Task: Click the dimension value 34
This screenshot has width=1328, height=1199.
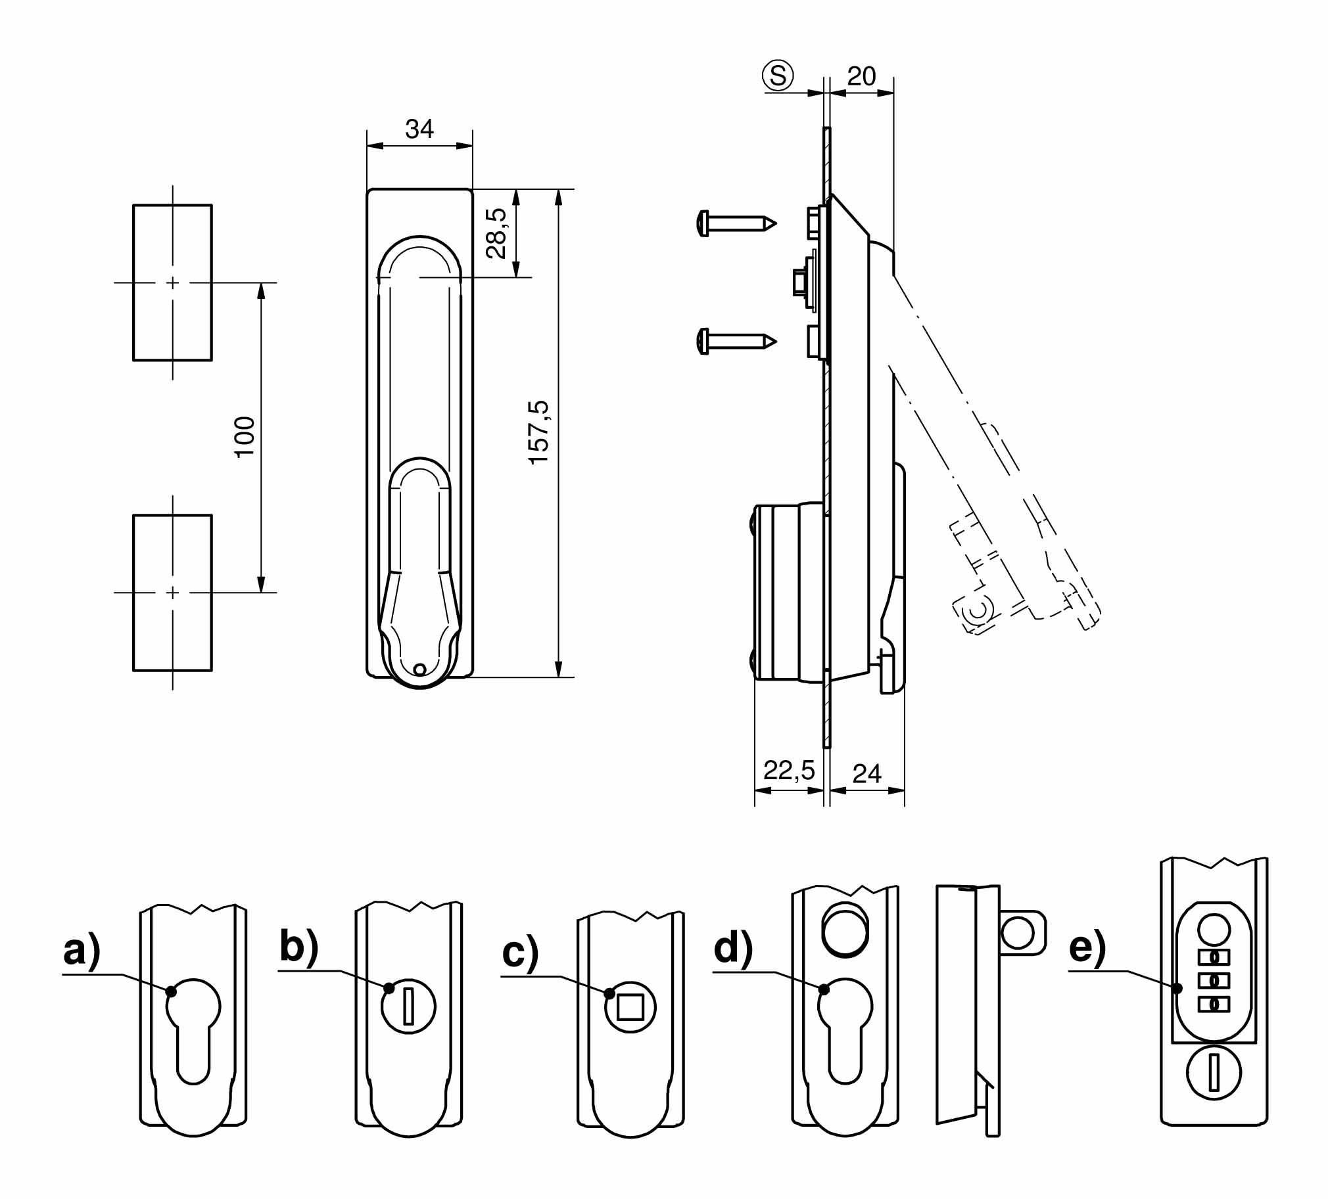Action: [419, 129]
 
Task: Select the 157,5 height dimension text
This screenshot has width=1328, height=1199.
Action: [539, 432]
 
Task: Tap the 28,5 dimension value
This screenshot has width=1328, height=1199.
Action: [496, 233]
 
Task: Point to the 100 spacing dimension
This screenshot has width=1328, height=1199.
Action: [245, 436]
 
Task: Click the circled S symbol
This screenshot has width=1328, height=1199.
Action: [777, 76]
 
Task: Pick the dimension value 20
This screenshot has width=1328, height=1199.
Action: [861, 76]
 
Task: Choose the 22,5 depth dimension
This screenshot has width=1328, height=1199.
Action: [788, 770]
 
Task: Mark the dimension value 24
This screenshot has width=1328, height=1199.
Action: [866, 774]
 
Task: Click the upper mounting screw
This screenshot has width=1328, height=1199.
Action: [736, 224]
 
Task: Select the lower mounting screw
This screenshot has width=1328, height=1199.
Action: [736, 341]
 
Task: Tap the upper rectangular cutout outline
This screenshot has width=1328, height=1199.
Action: [173, 283]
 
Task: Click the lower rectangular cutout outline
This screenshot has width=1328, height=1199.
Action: [173, 593]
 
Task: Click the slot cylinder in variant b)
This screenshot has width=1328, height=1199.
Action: [408, 1007]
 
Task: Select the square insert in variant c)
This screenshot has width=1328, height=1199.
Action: [630, 1007]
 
